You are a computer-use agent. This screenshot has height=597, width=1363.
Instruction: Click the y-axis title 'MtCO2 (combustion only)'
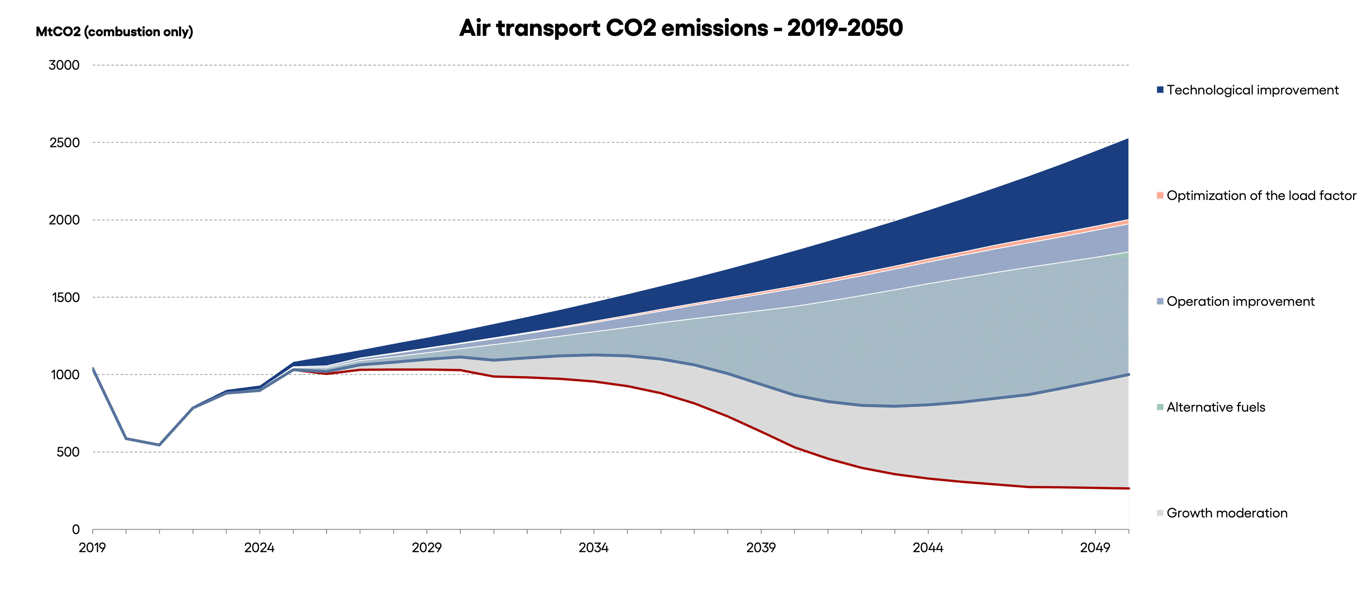pos(114,32)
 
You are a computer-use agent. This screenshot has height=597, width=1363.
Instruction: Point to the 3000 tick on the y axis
pos(64,66)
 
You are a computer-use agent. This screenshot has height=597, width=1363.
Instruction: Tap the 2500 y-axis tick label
pos(64,143)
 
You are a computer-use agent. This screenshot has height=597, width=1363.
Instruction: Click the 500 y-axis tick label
pos(68,452)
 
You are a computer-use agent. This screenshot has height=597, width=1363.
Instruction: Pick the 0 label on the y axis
pos(76,529)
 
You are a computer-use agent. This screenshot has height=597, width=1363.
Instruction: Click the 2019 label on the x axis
pos(93,548)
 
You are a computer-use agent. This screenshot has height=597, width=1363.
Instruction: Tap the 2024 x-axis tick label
pos(259,548)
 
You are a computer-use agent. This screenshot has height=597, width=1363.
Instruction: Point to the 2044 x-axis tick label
pos(927,548)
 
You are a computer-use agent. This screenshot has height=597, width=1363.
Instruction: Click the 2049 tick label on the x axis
pos(1095,548)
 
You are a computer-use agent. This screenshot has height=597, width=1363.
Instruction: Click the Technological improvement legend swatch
pos(1160,90)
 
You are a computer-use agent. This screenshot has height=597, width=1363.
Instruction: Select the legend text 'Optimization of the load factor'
pos(1261,196)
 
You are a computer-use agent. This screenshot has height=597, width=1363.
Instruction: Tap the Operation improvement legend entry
pos(1240,302)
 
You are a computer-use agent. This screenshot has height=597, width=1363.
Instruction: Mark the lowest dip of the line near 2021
pos(159,445)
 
